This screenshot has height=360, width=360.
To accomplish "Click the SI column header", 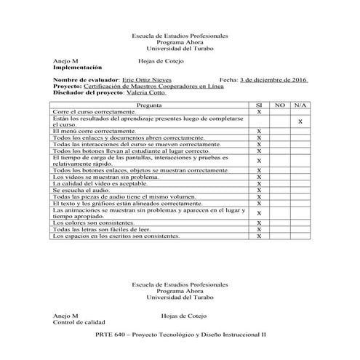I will [259, 105].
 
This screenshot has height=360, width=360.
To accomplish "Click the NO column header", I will [280, 105].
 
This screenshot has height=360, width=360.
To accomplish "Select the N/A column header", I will [300, 105].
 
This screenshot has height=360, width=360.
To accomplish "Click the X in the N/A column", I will [300, 121].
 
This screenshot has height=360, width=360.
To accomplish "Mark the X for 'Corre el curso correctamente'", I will [259, 112].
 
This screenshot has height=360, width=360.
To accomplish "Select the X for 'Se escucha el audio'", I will [259, 190].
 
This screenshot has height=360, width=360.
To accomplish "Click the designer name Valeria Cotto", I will [146, 93].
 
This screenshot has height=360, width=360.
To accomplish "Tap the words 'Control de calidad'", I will [79, 321].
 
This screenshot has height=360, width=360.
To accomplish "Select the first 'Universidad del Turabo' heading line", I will [180, 49].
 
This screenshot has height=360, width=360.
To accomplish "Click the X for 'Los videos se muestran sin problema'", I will [259, 177].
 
